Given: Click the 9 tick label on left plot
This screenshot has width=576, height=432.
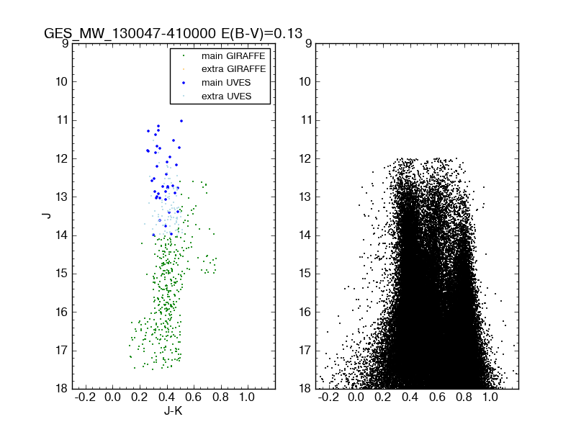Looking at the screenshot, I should [65, 43].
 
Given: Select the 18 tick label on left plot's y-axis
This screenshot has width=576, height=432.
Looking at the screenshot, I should [62, 389].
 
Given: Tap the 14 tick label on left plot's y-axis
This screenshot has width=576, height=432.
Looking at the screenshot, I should [62, 235].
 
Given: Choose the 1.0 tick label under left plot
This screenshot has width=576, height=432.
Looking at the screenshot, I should [247, 397].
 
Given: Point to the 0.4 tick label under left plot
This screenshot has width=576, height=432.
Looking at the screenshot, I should [166, 397].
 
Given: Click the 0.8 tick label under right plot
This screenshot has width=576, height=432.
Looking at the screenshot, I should [464, 397].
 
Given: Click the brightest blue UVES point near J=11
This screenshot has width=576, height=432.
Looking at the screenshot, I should [181, 120].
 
